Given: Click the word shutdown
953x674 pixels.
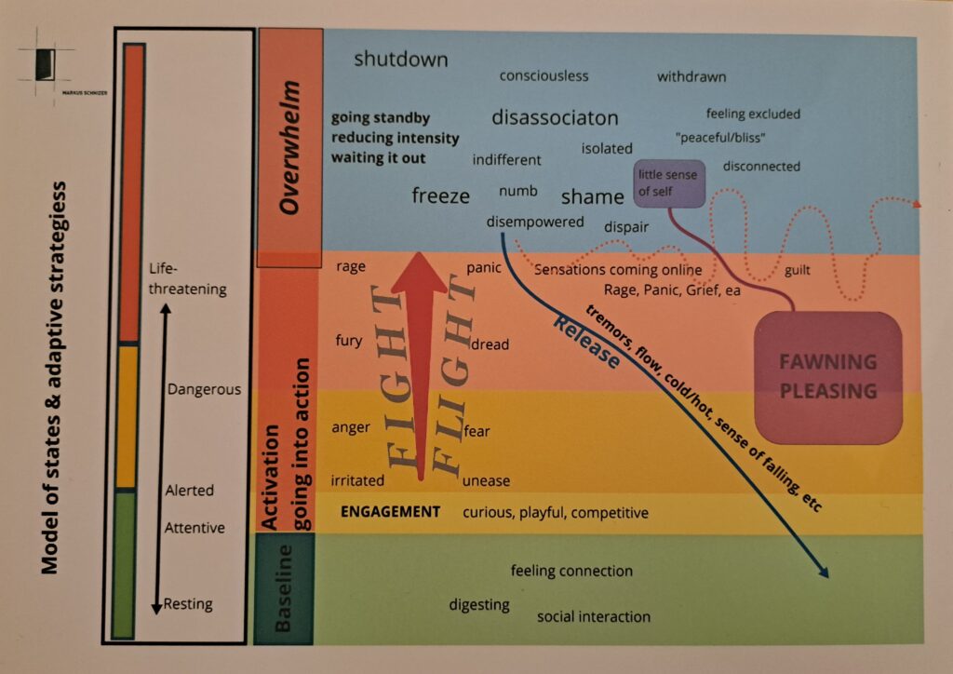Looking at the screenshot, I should [401, 60].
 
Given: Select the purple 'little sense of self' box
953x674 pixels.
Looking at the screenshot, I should [667, 182].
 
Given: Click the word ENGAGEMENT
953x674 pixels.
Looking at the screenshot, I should [390, 512].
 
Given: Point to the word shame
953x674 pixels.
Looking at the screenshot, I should [592, 196].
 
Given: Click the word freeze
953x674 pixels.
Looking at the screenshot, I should [440, 195].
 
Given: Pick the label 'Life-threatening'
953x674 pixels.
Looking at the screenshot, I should [187, 278].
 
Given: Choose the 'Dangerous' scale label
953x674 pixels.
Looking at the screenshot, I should [204, 389].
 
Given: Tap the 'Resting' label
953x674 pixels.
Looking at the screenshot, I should [188, 604].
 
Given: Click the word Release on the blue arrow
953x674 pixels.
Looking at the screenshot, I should [586, 342].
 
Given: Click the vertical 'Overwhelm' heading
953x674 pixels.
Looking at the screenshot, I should [289, 147].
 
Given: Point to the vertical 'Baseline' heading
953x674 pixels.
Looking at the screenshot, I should [284, 589].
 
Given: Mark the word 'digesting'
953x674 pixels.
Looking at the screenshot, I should [479, 605].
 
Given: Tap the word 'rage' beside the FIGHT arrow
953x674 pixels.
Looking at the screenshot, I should [351, 267].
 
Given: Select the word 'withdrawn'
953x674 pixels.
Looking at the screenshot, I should [691, 76].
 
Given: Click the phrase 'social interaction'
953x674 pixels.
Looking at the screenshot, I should [594, 616].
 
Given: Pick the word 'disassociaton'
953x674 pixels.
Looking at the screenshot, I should [555, 118].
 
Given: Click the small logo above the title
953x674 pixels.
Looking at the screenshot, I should [43, 66].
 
